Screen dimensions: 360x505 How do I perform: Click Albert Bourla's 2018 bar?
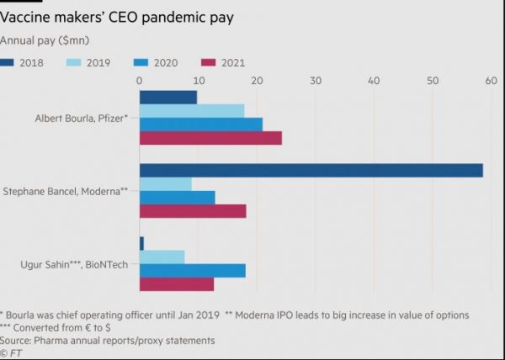click(167, 98)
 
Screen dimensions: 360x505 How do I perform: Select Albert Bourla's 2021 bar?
click(210, 138)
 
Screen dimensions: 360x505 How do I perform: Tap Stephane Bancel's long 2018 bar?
click(311, 170)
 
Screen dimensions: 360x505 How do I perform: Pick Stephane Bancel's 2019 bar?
click(165, 183)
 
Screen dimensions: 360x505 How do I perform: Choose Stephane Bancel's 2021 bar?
click(192, 211)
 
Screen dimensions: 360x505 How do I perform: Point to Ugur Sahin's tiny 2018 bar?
click(141, 243)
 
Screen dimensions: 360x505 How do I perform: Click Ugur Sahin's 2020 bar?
click(192, 271)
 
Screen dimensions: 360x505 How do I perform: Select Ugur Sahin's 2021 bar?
click(176, 284)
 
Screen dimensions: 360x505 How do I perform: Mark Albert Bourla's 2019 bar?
click(191, 111)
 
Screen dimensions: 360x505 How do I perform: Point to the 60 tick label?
click(489, 81)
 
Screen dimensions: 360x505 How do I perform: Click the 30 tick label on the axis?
click(315, 81)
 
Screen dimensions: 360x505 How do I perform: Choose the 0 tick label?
click(139, 81)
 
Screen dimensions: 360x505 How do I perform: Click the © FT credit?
click(13, 352)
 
